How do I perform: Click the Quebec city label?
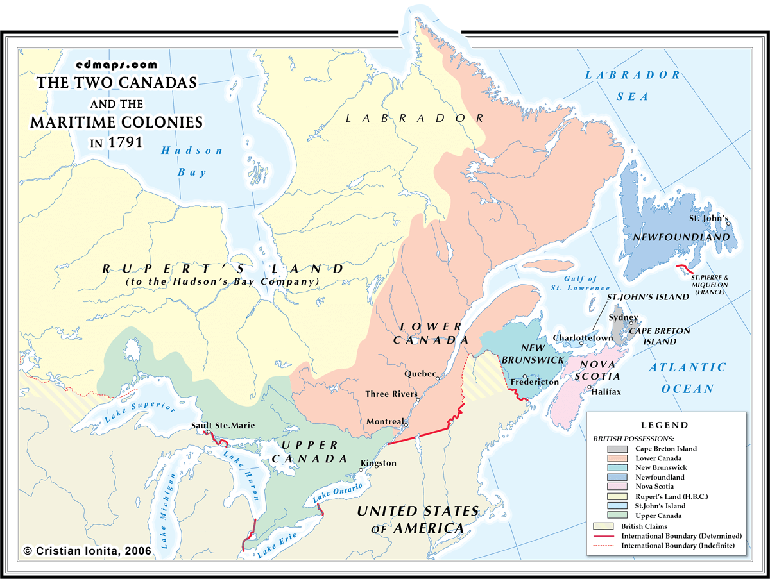click(420, 373)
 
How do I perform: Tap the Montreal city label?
click(385, 421)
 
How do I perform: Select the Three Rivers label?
click(391, 394)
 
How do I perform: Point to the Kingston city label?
click(379, 463)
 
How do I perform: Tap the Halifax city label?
click(606, 392)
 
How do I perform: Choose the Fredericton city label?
click(535, 382)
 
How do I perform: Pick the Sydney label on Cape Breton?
click(622, 317)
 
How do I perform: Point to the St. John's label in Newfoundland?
click(708, 218)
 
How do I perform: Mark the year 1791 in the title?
click(125, 142)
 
